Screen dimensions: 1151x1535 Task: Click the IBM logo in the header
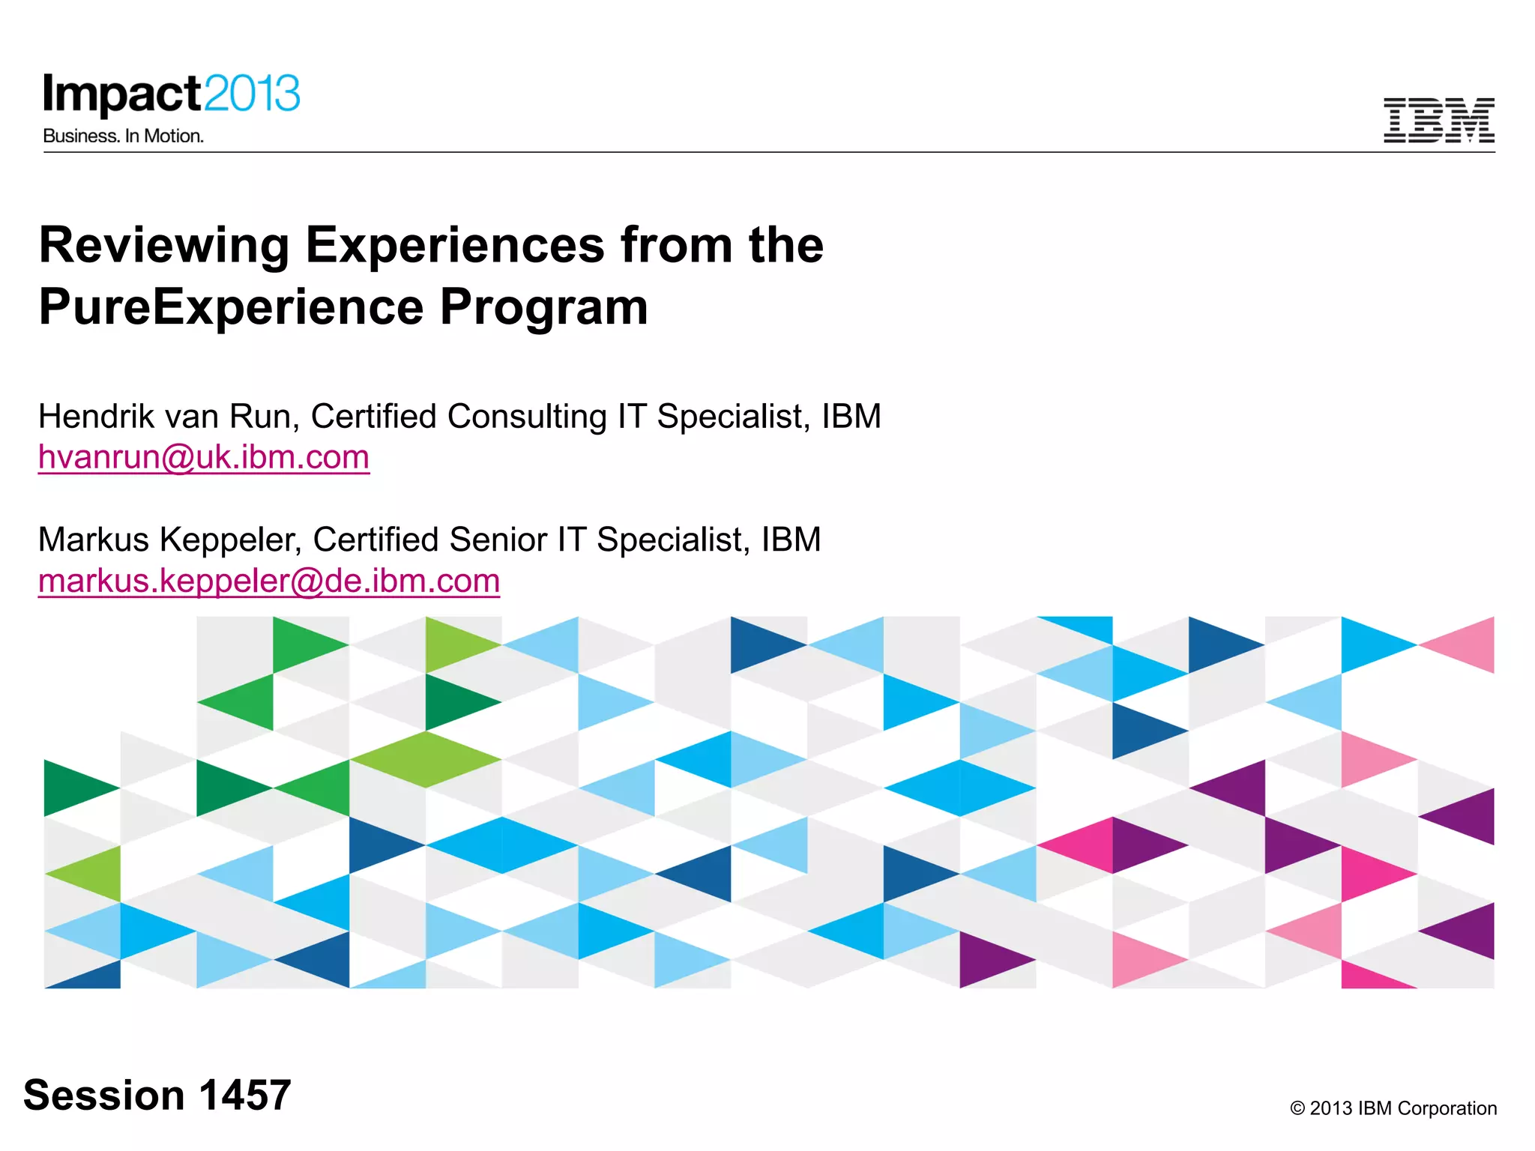pos(1438,120)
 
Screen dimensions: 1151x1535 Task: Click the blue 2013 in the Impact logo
pos(252,94)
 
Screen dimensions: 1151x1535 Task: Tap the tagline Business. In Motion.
pos(124,136)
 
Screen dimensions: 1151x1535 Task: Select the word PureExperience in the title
pos(231,307)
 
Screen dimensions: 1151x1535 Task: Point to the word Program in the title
pos(543,307)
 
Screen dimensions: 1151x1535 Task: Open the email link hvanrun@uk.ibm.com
pos(204,457)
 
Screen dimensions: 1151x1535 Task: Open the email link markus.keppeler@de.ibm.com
pos(269,581)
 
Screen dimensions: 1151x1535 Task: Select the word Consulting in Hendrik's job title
pos(527,416)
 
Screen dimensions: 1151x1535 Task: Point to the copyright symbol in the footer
pos(1297,1108)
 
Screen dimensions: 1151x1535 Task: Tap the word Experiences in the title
pos(455,246)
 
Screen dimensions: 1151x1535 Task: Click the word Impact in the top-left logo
pos(122,95)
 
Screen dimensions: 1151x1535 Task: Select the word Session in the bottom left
pos(104,1095)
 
